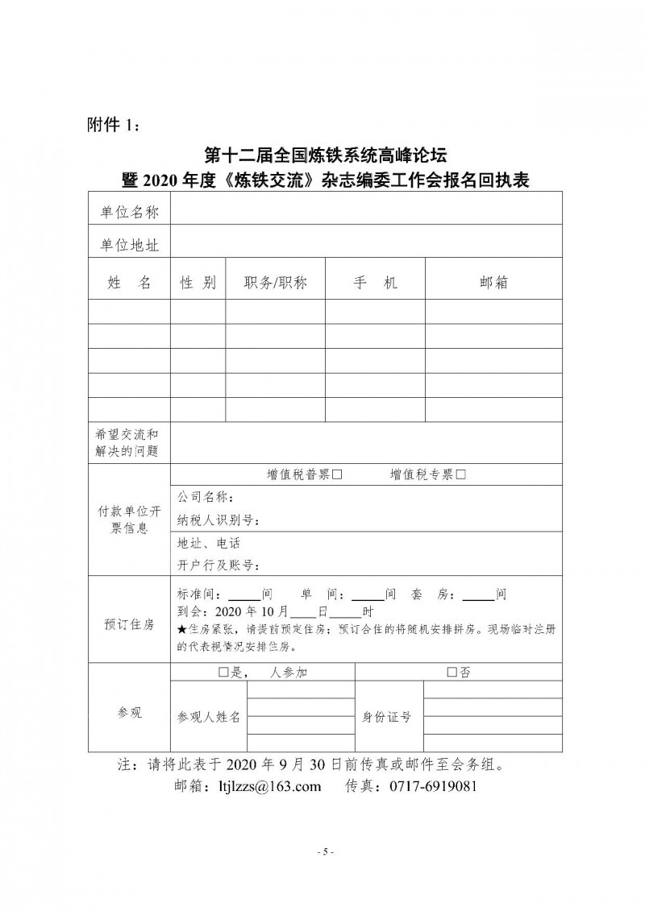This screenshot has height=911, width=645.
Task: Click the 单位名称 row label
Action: (129, 211)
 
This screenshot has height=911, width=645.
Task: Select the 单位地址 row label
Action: (129, 242)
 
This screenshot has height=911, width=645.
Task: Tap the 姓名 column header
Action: (129, 282)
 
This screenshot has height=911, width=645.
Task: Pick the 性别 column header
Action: (198, 282)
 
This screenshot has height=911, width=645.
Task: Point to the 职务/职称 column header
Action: (275, 282)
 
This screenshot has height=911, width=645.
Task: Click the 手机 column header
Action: (375, 282)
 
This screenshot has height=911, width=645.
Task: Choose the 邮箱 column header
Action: (493, 282)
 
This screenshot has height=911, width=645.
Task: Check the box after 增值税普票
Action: (338, 475)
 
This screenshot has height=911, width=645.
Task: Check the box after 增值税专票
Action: (460, 475)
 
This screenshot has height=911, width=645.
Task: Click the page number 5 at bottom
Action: (322, 851)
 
